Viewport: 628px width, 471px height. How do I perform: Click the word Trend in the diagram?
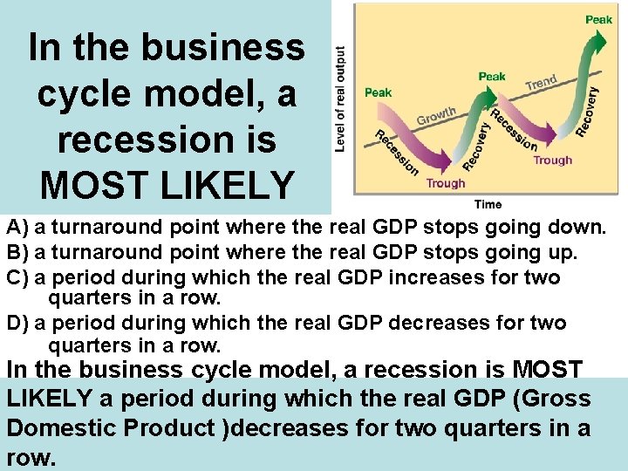pos(541,83)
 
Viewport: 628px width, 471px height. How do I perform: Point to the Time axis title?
pos(488,204)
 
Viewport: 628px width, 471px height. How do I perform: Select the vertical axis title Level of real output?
pos(340,99)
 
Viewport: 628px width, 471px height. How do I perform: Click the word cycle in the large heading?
pos(88,93)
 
